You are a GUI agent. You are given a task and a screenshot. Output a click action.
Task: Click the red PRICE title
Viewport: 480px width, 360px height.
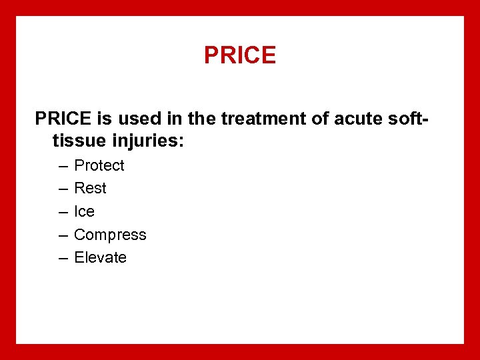pyautogui.click(x=240, y=55)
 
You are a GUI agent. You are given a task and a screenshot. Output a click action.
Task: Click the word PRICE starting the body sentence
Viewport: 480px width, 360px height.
pyautogui.click(x=63, y=119)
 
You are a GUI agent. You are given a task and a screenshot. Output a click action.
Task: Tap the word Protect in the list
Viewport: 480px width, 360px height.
pyautogui.click(x=99, y=165)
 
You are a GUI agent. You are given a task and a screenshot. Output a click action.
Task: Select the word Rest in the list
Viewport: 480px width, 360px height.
pyautogui.click(x=90, y=189)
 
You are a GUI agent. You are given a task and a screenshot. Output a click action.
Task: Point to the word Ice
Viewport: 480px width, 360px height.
pyautogui.click(x=84, y=211)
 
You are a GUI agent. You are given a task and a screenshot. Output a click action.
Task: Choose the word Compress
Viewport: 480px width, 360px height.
pyautogui.click(x=110, y=235)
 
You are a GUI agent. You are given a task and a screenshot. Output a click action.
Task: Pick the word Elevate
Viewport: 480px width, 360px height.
pyautogui.click(x=100, y=257)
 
